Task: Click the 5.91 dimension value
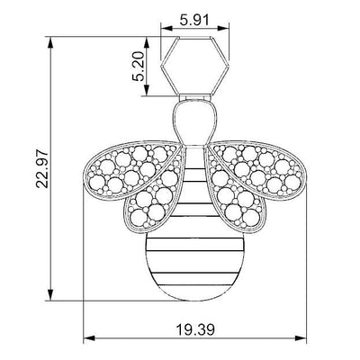pyautogui.click(x=193, y=21)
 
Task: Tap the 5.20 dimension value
pyautogui.click(x=139, y=67)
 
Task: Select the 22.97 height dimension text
pyautogui.click(x=42, y=169)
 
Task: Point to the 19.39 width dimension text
pyautogui.click(x=195, y=330)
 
